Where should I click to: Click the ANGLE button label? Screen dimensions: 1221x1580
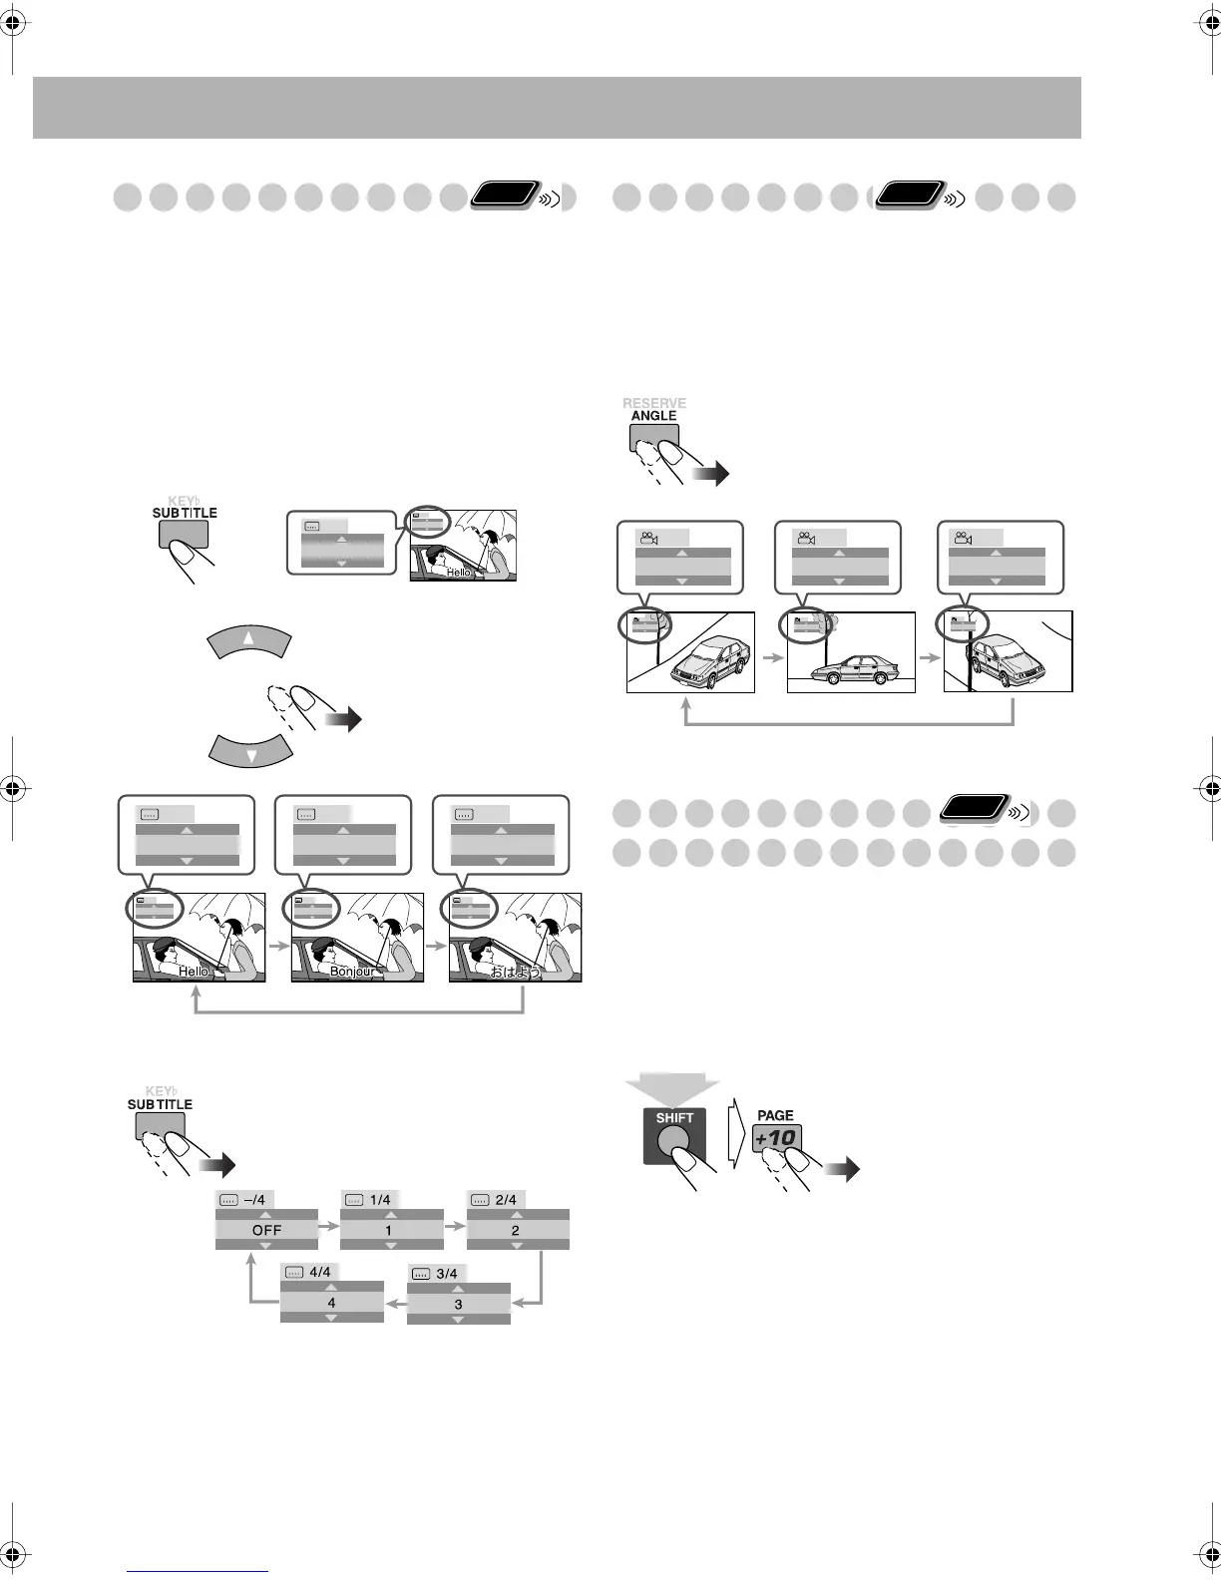pyautogui.click(x=654, y=416)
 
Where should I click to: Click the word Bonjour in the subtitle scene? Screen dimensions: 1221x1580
pyautogui.click(x=352, y=971)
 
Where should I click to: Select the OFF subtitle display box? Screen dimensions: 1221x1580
pyautogui.click(x=266, y=1230)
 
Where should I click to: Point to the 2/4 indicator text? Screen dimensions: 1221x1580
pyautogui.click(x=506, y=1200)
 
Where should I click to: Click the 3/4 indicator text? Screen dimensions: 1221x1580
pyautogui.click(x=447, y=1274)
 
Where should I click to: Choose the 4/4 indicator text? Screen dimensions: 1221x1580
pyautogui.click(x=320, y=1272)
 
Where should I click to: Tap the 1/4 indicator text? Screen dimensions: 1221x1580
pyautogui.click(x=380, y=1200)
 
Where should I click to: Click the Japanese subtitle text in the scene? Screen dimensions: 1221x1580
pyautogui.click(x=515, y=971)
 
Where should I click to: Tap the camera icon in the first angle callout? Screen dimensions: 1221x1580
pyautogui.click(x=648, y=539)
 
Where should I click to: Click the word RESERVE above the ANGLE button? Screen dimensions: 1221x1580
pyautogui.click(x=654, y=403)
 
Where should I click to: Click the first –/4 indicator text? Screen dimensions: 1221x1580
pyautogui.click(x=254, y=1200)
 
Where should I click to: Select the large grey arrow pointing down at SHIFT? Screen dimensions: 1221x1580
pyautogui.click(x=672, y=1087)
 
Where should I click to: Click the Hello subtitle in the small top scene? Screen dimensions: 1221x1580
pyautogui.click(x=458, y=573)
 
